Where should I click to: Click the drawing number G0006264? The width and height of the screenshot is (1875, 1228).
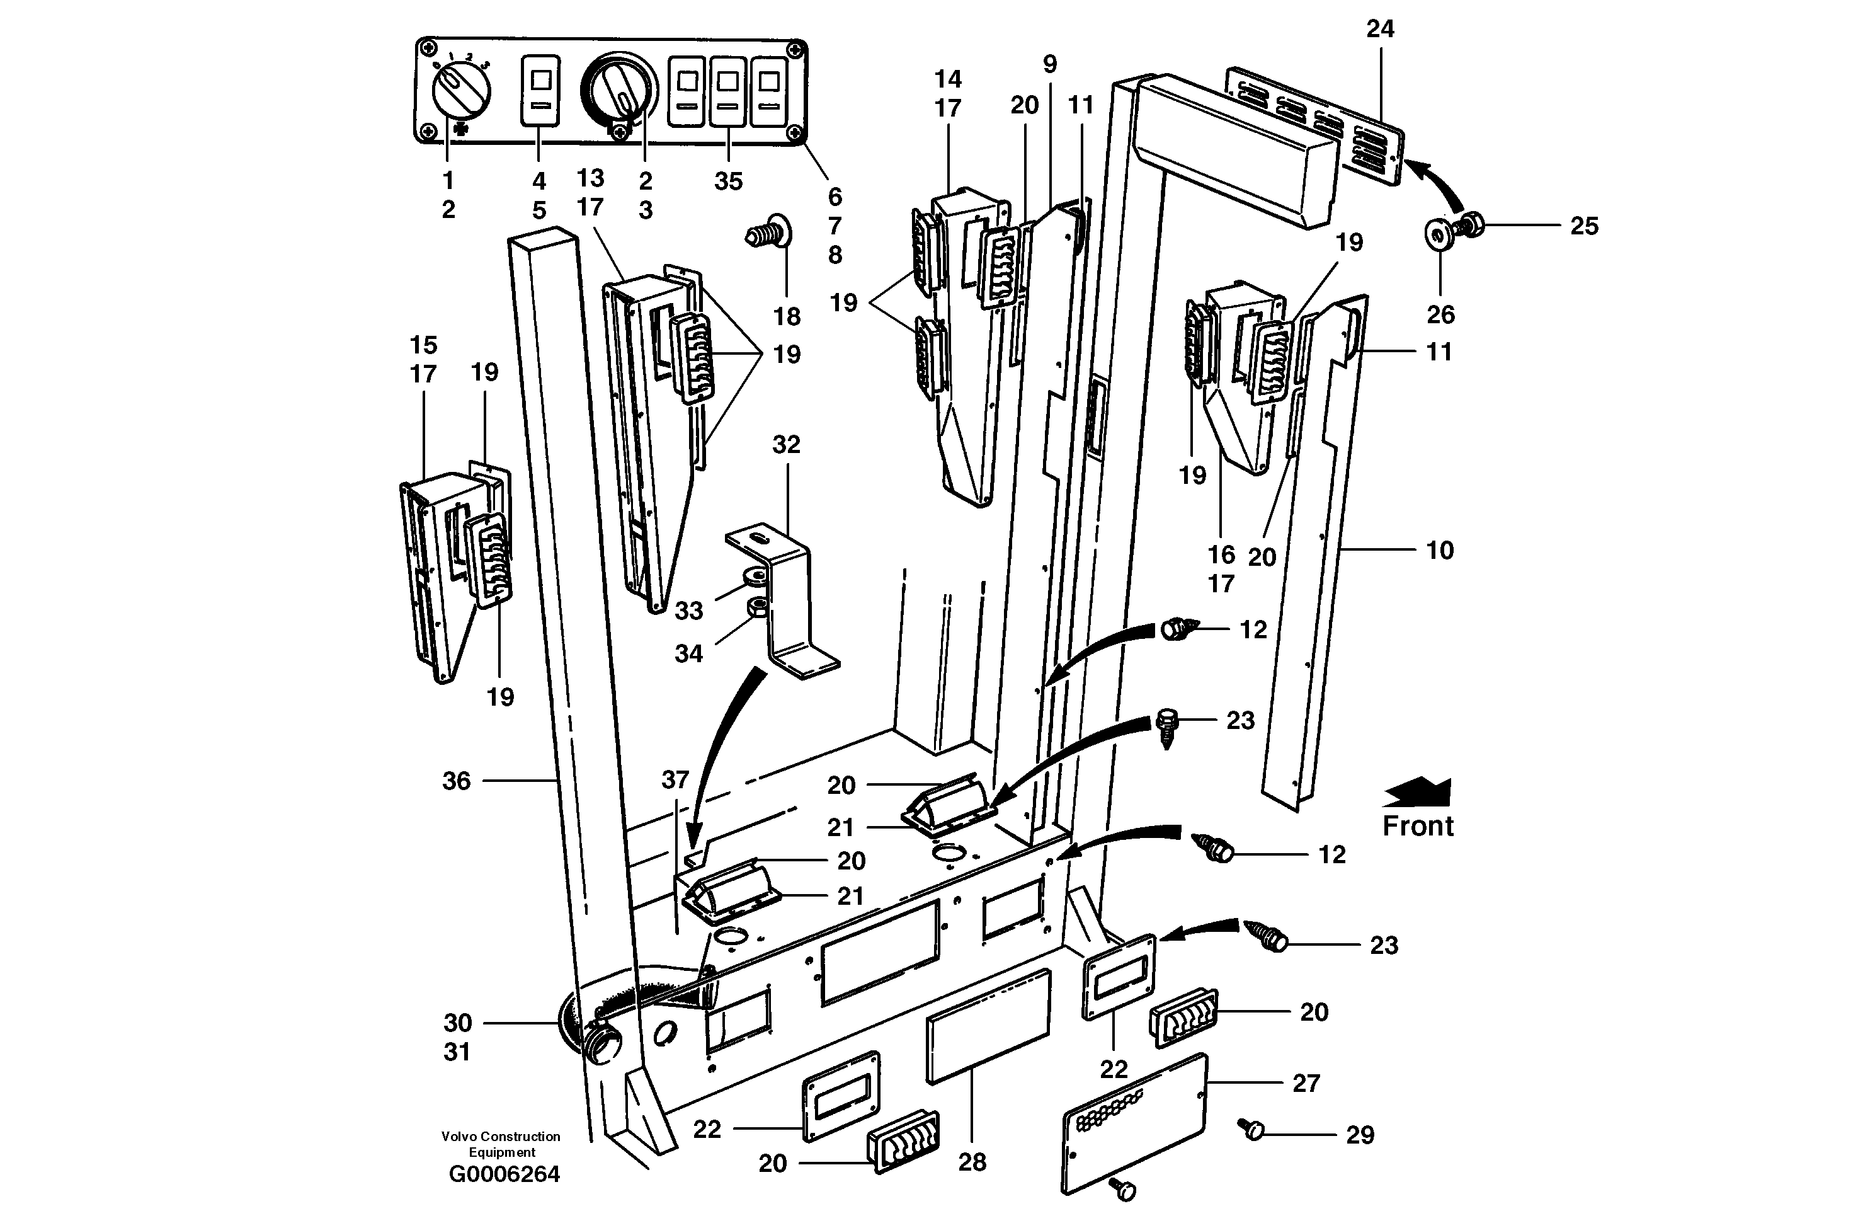point(504,1174)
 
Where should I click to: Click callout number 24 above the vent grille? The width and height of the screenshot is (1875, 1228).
point(1379,29)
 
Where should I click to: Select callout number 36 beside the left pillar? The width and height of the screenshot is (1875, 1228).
point(456,781)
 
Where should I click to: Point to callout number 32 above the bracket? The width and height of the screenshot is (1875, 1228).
point(785,445)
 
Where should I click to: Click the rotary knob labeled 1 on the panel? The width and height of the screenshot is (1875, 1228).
point(461,91)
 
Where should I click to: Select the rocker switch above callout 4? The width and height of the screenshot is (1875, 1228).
point(540,90)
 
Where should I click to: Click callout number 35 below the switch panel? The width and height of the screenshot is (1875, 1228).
point(728,181)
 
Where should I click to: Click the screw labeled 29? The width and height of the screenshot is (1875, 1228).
point(1250,1130)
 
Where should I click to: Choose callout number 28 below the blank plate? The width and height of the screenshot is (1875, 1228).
point(972,1162)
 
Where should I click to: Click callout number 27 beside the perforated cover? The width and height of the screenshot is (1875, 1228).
point(1306,1083)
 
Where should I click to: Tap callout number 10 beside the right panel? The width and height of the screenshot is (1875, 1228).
point(1439,550)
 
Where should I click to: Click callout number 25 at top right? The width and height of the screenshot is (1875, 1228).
point(1583,226)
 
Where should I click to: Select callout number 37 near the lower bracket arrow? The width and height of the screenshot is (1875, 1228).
point(675,780)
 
